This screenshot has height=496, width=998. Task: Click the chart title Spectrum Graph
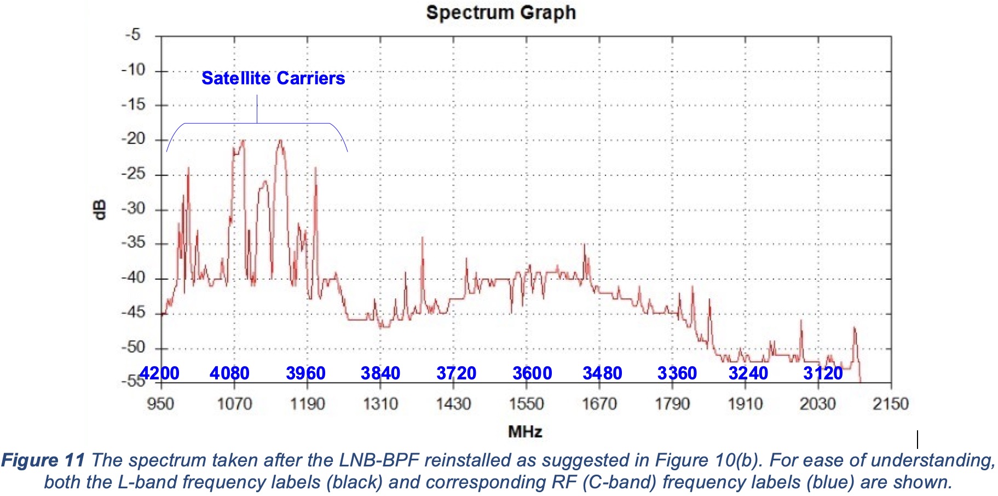coord(500,13)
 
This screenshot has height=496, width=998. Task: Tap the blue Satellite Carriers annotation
coord(273,78)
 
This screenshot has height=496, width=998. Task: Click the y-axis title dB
coord(100,210)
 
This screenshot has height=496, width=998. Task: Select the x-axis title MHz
coord(525,432)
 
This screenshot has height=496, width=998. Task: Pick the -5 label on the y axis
coord(133,35)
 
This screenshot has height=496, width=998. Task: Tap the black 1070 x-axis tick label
coord(234,404)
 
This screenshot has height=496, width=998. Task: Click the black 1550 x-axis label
coord(526,404)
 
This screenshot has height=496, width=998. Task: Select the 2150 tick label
coord(891,404)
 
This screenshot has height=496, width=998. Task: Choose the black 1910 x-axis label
coord(745,404)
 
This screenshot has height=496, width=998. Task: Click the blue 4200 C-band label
coord(159,373)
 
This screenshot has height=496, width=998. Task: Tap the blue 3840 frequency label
coord(380,373)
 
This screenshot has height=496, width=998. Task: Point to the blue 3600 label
coord(532,373)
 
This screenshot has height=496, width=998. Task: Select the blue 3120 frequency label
coord(823,373)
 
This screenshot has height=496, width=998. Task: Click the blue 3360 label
coord(677,373)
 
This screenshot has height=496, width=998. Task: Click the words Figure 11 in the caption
coord(43,460)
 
